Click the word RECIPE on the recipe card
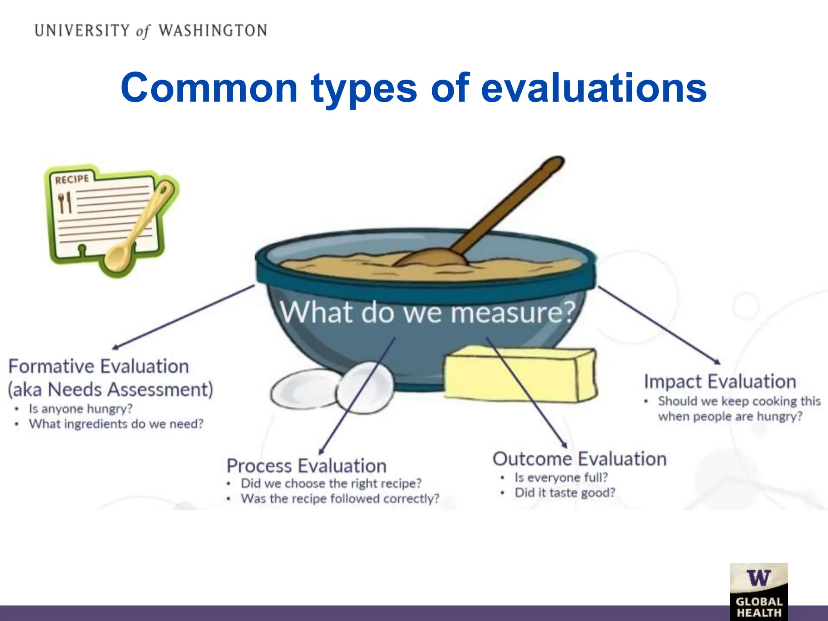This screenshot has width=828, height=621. [72, 179]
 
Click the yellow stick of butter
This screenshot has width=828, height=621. [520, 374]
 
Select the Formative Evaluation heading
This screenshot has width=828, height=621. [99, 366]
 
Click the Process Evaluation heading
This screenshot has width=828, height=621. [306, 466]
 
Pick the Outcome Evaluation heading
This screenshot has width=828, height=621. [579, 459]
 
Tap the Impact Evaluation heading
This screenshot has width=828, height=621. [720, 382]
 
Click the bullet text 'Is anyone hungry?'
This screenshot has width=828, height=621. [80, 409]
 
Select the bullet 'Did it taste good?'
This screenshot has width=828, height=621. [564, 492]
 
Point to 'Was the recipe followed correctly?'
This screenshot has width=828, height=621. [340, 498]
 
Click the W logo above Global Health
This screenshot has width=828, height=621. [758, 578]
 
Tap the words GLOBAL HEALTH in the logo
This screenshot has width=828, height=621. [759, 607]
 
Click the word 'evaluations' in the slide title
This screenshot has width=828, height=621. [594, 88]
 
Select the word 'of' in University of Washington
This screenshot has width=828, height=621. [143, 32]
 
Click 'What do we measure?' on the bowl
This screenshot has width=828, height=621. [427, 312]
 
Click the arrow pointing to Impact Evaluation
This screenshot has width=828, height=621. [659, 325]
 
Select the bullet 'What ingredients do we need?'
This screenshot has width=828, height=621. [116, 424]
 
